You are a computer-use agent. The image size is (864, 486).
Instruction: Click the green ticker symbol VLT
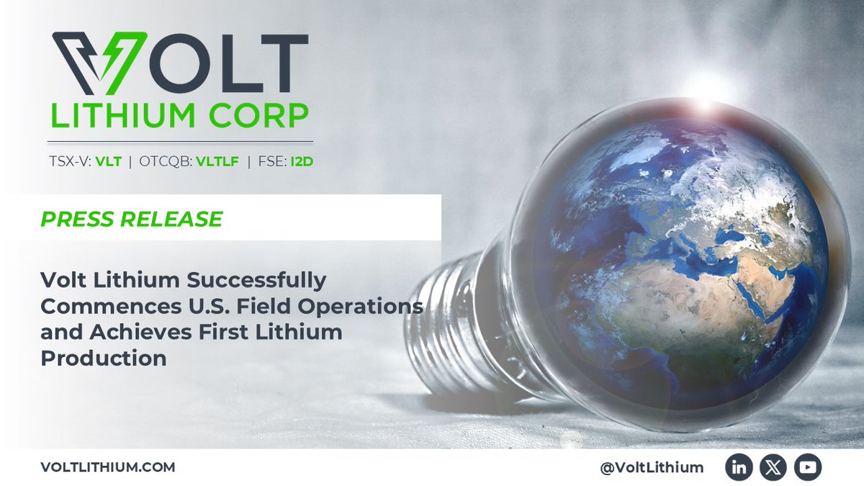pos(109,161)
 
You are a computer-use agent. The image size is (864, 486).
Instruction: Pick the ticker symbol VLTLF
pos(217,161)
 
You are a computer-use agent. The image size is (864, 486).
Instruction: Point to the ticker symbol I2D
pos(302,161)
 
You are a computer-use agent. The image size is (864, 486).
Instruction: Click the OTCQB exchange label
pos(166,161)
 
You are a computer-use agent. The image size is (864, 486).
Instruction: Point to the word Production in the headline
pos(104,359)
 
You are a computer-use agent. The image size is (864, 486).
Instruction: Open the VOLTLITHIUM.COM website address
pos(107,467)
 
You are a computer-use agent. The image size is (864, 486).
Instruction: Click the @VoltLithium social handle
pos(652,467)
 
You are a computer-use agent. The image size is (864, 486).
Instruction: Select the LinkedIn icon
pos(739,467)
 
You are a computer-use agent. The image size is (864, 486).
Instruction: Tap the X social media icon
pos(773,467)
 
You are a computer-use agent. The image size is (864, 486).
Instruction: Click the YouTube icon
pos(808,467)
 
